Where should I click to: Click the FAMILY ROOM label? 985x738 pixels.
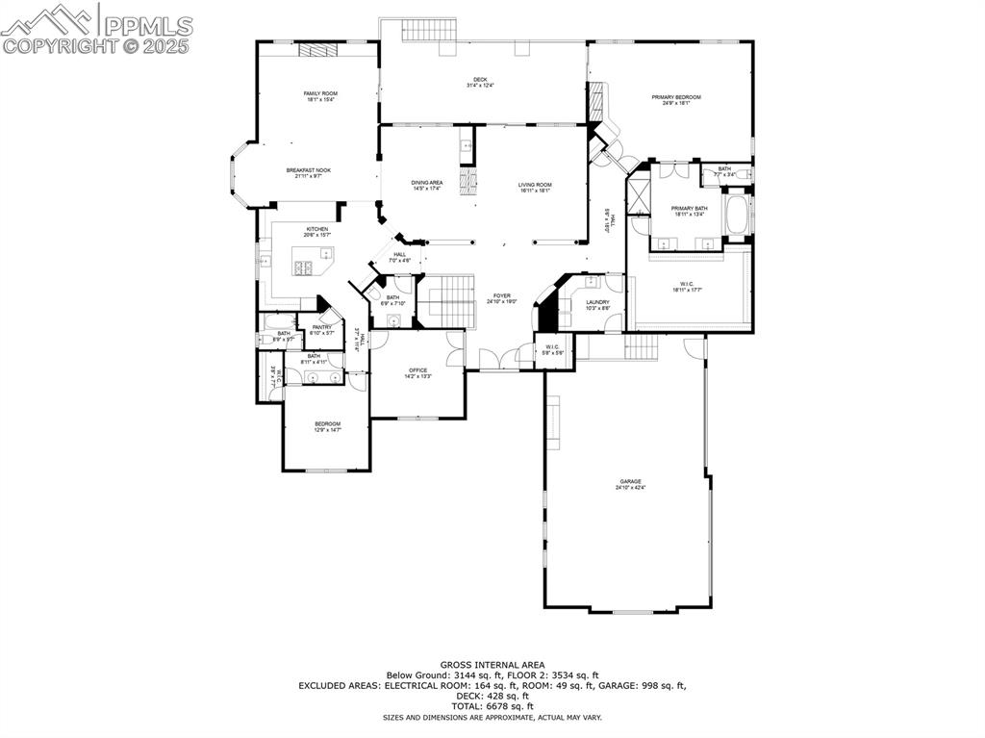[x=321, y=93]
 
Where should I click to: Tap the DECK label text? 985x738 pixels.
[x=479, y=80]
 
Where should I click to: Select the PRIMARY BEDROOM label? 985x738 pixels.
[x=675, y=97]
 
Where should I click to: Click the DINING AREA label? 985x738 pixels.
[x=426, y=183]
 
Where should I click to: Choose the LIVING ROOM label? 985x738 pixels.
[x=534, y=185]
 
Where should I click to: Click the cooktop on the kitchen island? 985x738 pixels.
[x=305, y=267]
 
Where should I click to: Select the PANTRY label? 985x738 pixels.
[x=321, y=327]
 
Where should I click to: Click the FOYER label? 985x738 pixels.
[x=502, y=295]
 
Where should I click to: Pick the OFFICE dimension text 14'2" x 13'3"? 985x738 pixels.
[x=417, y=376]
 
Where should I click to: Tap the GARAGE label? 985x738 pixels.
[x=630, y=481]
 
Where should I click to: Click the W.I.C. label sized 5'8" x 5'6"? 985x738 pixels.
[x=552, y=347]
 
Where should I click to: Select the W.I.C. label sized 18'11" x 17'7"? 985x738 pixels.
[x=687, y=284]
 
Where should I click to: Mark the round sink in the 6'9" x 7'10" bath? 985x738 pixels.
[x=393, y=320]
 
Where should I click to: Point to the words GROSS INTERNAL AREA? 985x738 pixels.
[x=492, y=665]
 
